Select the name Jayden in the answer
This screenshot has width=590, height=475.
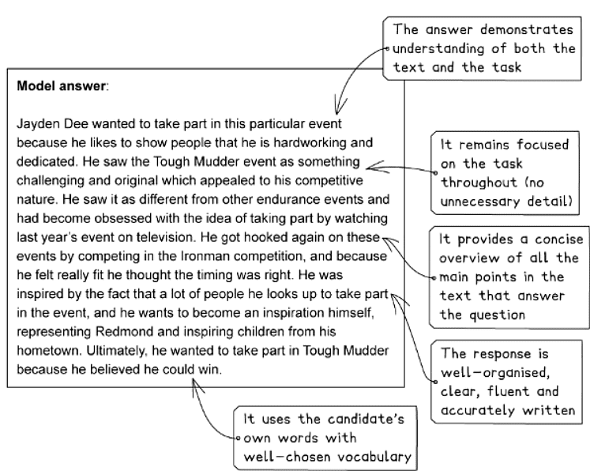click(38, 126)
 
